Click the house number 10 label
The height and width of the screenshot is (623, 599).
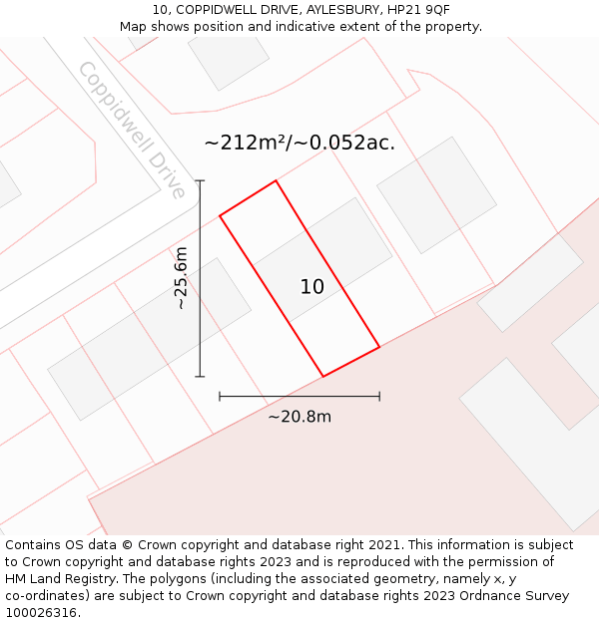coord(312,287)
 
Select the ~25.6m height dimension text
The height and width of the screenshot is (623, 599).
coord(181,278)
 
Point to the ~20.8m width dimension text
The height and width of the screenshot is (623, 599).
coord(299,417)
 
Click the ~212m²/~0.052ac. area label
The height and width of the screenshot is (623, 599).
coord(299,143)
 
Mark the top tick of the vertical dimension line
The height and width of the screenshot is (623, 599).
coord(201,180)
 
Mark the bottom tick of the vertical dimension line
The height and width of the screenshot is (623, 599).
coord(201,377)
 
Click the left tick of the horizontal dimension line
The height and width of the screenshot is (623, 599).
coord(220,397)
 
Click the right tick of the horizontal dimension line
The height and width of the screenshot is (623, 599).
coord(379,397)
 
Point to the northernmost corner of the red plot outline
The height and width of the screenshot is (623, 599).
coord(276,180)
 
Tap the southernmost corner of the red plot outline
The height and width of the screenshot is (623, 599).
coord(323,376)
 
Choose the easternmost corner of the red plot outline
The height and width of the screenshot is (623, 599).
coord(379,347)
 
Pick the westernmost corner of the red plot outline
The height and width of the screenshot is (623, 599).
coord(220,215)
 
